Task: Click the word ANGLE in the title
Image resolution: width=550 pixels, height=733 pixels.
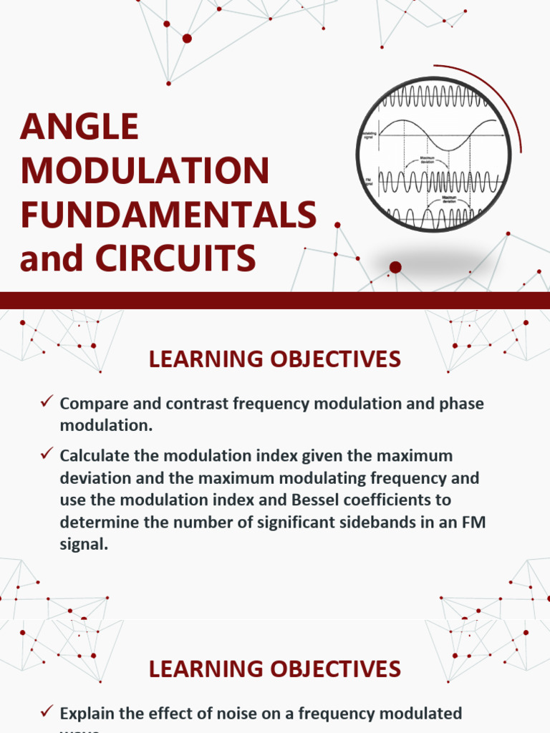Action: (x=79, y=127)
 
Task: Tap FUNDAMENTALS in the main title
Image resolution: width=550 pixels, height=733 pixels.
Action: (x=168, y=214)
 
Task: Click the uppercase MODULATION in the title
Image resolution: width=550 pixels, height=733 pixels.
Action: (x=145, y=170)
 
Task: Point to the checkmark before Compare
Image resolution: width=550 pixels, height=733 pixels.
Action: (x=47, y=402)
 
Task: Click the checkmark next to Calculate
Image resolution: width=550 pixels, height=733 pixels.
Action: (x=47, y=454)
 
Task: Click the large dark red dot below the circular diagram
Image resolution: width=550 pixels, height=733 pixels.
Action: (x=395, y=268)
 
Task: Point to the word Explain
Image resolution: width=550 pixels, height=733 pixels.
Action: (x=88, y=713)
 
